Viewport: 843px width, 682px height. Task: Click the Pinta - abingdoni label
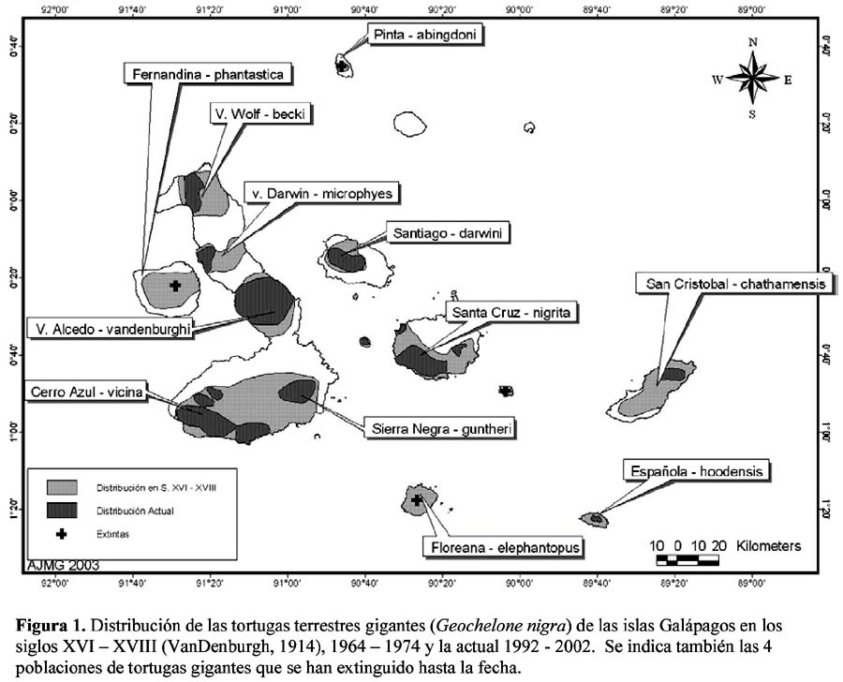pyautogui.click(x=424, y=35)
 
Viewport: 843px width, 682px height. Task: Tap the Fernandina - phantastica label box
pyautogui.click(x=208, y=74)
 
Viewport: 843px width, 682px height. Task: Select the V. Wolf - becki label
pyautogui.click(x=259, y=114)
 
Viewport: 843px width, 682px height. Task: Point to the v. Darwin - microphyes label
pyautogui.click(x=321, y=193)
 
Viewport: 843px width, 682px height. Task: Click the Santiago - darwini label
pyautogui.click(x=448, y=233)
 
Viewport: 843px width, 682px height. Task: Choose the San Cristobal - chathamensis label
pyautogui.click(x=735, y=284)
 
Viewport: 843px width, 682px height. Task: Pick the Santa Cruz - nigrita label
pyautogui.click(x=510, y=313)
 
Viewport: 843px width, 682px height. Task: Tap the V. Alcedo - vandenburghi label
pyautogui.click(x=112, y=328)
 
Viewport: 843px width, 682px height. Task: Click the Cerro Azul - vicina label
pyautogui.click(x=86, y=391)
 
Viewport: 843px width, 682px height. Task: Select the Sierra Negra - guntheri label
pyautogui.click(x=440, y=429)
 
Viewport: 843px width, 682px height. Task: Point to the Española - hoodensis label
pyautogui.click(x=696, y=471)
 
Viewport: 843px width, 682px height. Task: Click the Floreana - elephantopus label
pyautogui.click(x=504, y=547)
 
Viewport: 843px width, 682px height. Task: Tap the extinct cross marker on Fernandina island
pyautogui.click(x=175, y=286)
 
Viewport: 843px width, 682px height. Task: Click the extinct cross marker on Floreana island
pyautogui.click(x=417, y=499)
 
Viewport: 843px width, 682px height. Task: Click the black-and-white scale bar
pyautogui.click(x=688, y=560)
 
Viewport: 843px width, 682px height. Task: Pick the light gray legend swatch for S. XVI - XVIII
pyautogui.click(x=62, y=487)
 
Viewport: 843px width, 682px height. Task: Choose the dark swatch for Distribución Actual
pyautogui.click(x=62, y=511)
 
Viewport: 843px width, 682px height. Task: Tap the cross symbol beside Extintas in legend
pyautogui.click(x=62, y=534)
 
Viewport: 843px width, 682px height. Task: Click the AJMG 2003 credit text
pyautogui.click(x=63, y=565)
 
